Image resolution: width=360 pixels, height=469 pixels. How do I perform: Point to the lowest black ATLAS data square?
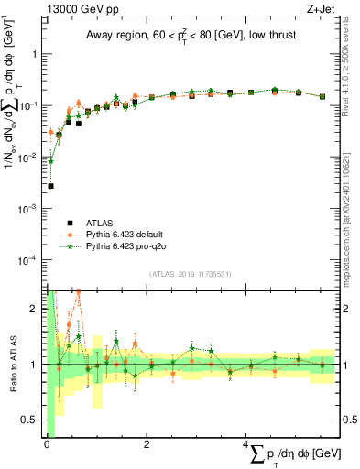point(50,186)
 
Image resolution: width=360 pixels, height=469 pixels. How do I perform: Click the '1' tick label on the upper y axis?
point(36,54)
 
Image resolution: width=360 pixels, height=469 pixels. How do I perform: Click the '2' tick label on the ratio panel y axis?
point(36,309)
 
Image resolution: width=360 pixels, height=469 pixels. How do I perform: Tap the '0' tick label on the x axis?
point(46,446)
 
